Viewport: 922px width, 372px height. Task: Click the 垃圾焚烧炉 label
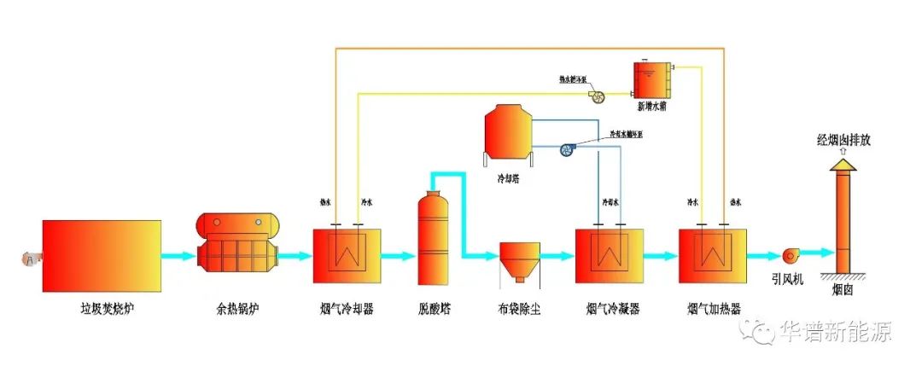tap(102, 308)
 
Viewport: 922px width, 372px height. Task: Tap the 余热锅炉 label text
tap(238, 308)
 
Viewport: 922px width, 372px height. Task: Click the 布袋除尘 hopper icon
tap(518, 260)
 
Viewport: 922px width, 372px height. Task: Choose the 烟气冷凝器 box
tap(609, 256)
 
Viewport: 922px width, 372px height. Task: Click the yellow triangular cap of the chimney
tap(843, 162)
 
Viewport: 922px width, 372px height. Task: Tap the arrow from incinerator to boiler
tap(178, 255)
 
